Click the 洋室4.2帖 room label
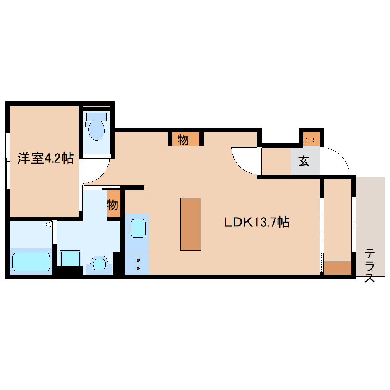(45, 158)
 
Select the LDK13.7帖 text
(256, 222)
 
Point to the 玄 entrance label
(304, 161)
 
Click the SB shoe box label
(309, 140)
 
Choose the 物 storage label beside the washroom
(112, 205)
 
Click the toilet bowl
(96, 130)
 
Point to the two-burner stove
(137, 263)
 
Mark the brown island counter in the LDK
(191, 224)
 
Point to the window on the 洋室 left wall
(7, 161)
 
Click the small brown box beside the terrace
(338, 268)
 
